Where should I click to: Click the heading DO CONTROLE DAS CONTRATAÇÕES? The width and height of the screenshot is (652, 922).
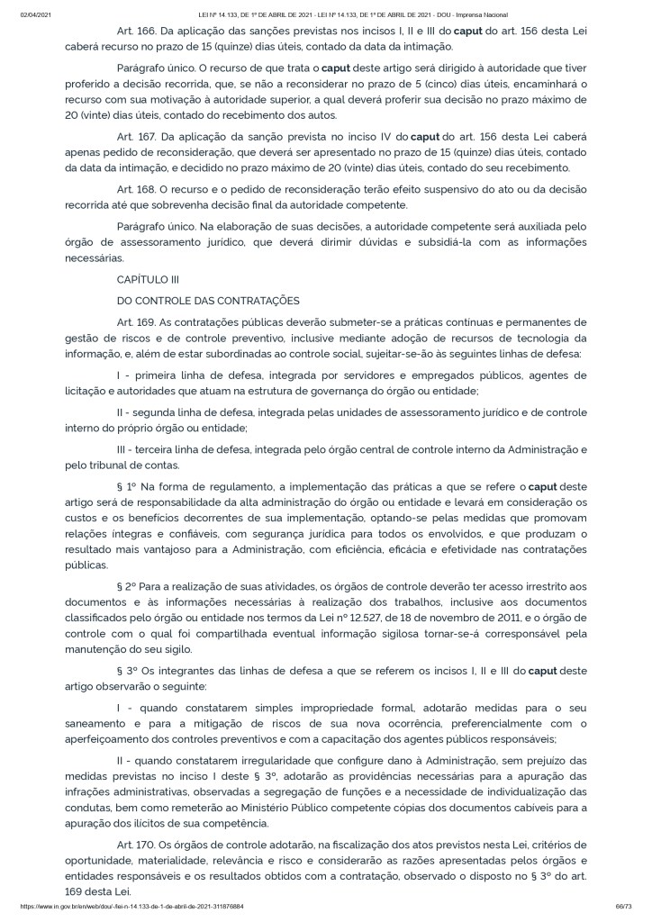208,300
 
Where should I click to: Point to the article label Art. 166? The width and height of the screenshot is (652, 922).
136,31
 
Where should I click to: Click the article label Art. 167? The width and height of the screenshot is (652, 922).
136,137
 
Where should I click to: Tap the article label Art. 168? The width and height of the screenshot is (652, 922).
136,189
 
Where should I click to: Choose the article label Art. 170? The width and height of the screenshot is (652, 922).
136,845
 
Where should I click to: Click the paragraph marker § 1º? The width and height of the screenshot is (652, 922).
127,486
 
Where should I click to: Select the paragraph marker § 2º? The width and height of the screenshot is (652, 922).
127,587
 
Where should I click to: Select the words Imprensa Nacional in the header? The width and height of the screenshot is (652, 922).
482,14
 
